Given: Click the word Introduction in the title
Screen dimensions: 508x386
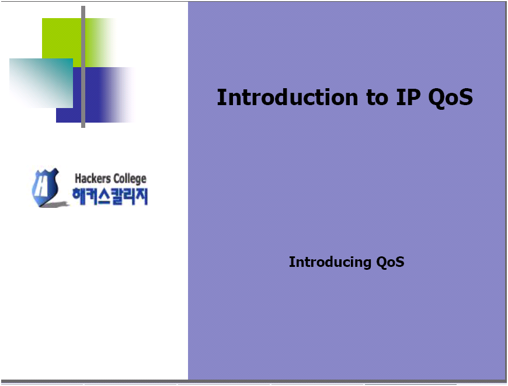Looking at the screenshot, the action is pyautogui.click(x=287, y=97).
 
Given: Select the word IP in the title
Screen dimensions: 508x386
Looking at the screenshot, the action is pyautogui.click(x=408, y=97).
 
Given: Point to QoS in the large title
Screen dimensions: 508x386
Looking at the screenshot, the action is pyautogui.click(x=450, y=99).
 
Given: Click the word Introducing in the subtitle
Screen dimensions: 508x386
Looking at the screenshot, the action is pyautogui.click(x=330, y=262).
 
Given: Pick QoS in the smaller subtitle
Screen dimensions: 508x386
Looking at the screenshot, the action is pyautogui.click(x=390, y=262).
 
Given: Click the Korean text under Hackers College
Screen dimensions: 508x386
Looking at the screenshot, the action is pyautogui.click(x=110, y=196).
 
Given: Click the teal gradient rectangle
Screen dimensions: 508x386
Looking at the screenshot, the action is pyautogui.click(x=41, y=83).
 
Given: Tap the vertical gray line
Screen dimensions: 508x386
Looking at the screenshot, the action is pyautogui.click(x=83, y=67).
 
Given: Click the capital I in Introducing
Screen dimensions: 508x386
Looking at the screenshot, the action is pyautogui.click(x=291, y=262).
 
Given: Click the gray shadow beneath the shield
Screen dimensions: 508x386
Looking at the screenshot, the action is pyautogui.click(x=54, y=204).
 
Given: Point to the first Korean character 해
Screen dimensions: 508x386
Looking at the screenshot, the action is pyautogui.click(x=78, y=196).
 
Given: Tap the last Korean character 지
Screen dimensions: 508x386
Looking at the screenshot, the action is pyautogui.click(x=141, y=196).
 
